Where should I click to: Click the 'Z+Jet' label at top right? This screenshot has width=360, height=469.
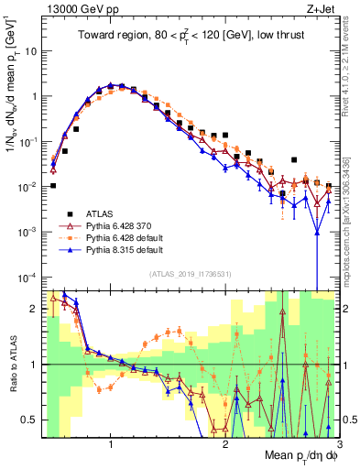(x=315, y=10)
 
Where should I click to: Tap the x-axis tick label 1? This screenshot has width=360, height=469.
(x=111, y=443)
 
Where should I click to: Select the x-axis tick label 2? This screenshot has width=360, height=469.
(x=225, y=443)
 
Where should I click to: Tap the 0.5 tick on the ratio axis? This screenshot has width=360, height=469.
(x=27, y=420)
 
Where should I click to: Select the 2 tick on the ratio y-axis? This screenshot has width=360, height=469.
(x=32, y=309)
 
